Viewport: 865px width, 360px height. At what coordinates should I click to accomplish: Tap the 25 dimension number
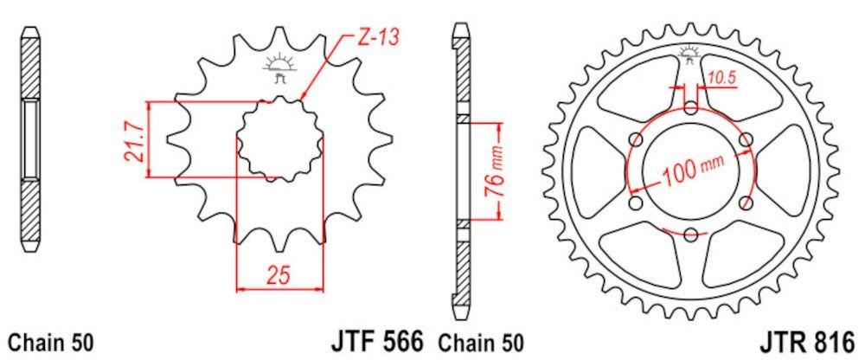point(279,274)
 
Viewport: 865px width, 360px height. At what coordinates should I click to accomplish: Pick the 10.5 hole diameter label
point(722,79)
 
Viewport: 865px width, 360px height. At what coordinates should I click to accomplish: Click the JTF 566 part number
point(377,340)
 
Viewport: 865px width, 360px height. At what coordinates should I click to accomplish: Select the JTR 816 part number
point(809,341)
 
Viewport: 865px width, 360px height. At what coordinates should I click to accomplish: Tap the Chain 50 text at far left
point(51,343)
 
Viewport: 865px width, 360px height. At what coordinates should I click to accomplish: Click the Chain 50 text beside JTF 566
point(480,343)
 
